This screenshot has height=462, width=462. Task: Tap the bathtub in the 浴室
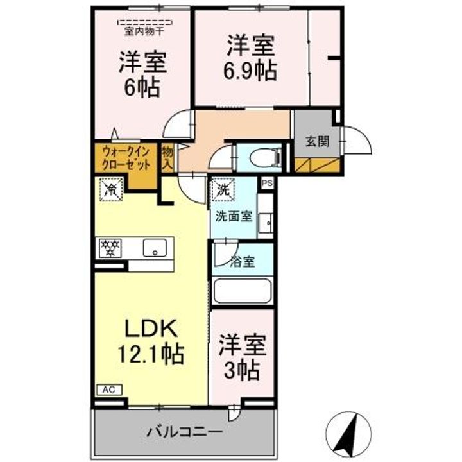click(243, 291)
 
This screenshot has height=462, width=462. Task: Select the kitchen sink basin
click(155, 248)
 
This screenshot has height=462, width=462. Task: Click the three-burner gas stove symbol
click(110, 248)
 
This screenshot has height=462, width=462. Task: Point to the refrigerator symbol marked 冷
click(111, 190)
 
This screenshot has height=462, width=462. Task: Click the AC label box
click(109, 390)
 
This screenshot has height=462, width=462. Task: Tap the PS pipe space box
click(267, 184)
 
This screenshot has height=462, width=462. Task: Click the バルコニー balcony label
click(184, 432)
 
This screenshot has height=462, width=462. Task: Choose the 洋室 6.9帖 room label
click(250, 58)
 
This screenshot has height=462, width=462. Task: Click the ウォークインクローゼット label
click(126, 159)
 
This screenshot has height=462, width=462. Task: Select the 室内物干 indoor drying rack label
click(144, 31)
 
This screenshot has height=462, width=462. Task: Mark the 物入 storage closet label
click(167, 158)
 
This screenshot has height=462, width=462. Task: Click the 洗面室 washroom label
click(234, 217)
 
